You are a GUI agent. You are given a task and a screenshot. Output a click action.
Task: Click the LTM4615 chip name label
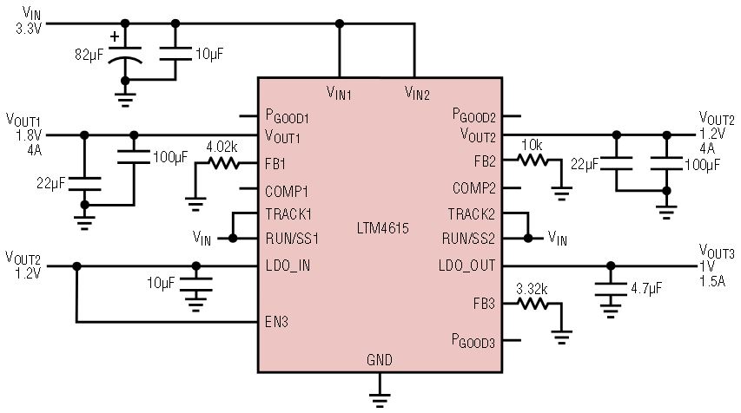(382, 228)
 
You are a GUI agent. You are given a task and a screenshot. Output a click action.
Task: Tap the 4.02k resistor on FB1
(223, 163)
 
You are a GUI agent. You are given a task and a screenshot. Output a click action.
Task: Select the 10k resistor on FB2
(533, 160)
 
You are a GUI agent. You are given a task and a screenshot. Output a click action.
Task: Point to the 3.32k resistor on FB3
(533, 304)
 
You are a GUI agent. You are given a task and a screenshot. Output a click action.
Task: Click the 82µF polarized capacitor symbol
(125, 55)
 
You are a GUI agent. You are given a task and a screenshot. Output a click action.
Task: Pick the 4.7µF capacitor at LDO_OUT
(611, 288)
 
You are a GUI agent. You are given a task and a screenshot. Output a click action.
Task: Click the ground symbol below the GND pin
(380, 399)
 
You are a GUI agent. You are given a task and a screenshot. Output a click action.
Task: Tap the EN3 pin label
(276, 322)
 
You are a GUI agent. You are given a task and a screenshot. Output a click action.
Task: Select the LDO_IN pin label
(288, 265)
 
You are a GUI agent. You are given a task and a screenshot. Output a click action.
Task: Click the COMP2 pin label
(474, 188)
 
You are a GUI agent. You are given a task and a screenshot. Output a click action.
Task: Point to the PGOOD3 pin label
(473, 340)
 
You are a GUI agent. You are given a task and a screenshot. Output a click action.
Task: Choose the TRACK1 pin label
(288, 214)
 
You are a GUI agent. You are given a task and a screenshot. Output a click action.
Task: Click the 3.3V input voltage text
(29, 29)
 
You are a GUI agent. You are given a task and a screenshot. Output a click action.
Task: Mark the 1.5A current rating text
(711, 281)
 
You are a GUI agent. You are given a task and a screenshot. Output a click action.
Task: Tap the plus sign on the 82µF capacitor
(115, 36)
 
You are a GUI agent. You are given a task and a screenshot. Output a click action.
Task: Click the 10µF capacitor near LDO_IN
(195, 284)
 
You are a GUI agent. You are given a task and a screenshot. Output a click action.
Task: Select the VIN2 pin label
(417, 93)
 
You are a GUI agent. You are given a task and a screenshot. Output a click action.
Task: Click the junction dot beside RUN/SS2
(528, 239)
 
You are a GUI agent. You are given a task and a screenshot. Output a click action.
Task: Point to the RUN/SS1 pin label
(292, 239)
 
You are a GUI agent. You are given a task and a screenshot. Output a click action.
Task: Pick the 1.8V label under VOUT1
(29, 136)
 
